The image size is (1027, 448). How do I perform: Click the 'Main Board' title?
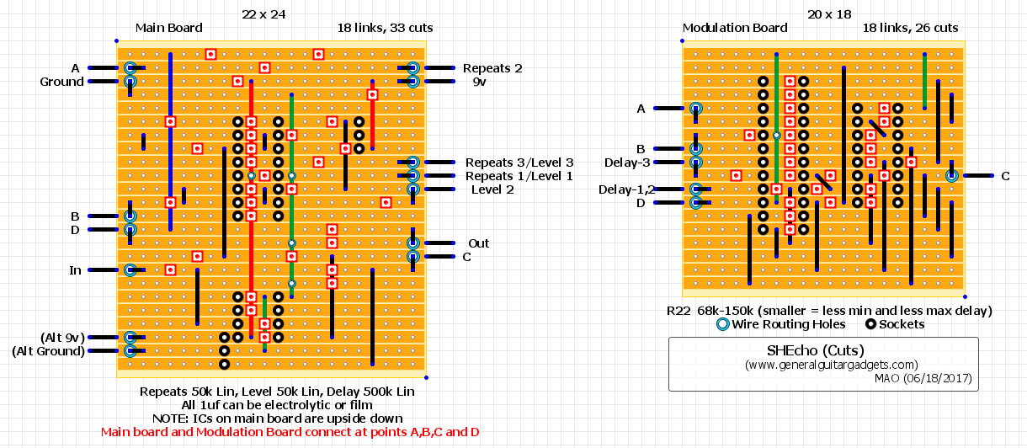[x=168, y=28]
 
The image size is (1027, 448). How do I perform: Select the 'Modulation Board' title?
[x=735, y=28]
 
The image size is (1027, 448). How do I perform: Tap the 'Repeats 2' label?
[x=492, y=68]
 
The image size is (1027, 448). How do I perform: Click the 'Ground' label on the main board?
[x=62, y=82]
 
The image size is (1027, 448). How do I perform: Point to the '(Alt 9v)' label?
[x=63, y=338]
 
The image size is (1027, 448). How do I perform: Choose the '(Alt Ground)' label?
[x=49, y=351]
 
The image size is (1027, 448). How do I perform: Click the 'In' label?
[x=75, y=270]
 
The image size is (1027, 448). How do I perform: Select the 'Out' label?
[x=479, y=243]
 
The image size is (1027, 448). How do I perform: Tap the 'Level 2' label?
[x=492, y=189]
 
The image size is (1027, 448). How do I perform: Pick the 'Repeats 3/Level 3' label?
[x=519, y=163]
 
